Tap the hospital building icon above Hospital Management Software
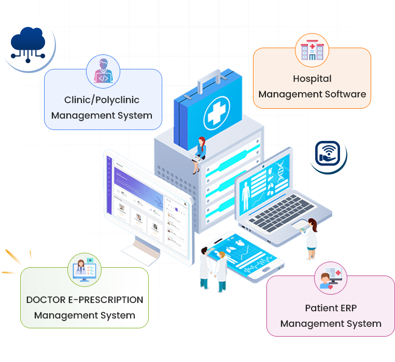tap(312, 49)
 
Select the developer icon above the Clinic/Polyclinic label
tap(103, 71)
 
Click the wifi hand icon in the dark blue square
tap(328, 154)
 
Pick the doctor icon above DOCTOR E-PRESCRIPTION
tap(84, 269)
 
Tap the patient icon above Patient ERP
tap(330, 279)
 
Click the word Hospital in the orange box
tap(312, 79)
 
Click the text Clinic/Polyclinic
tap(102, 99)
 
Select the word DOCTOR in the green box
tap(46, 300)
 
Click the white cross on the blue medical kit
tap(216, 114)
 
